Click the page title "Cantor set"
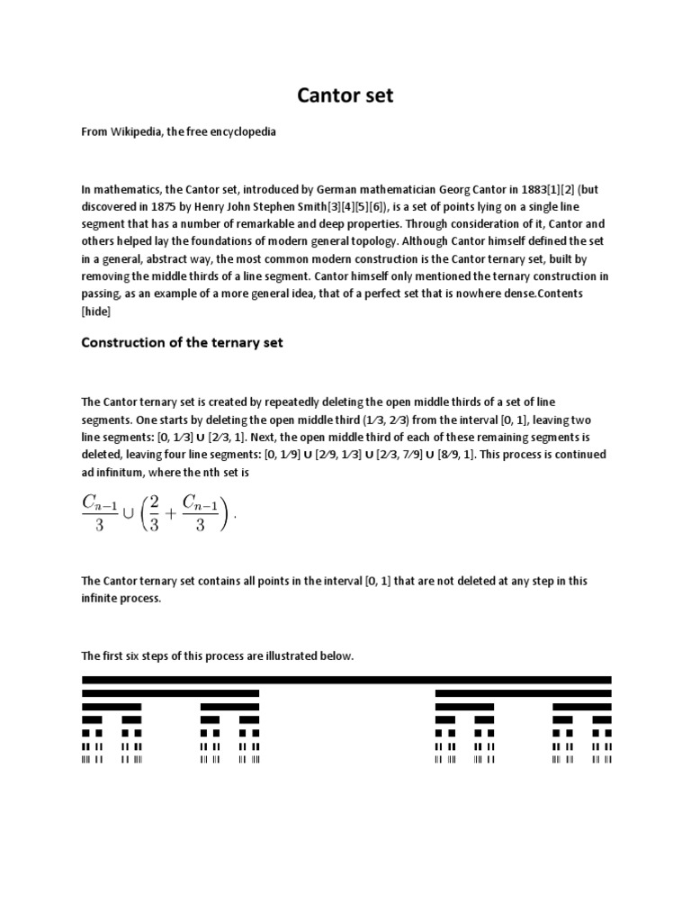pyautogui.click(x=345, y=95)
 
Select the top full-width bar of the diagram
pyautogui.click(x=346, y=679)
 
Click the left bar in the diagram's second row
pyautogui.click(x=170, y=693)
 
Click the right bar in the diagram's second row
pyautogui.click(x=523, y=693)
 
